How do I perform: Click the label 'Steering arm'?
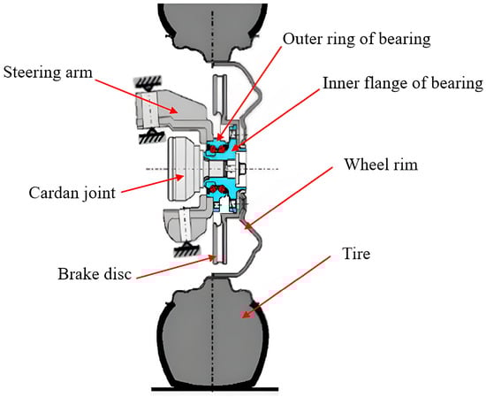click(48, 73)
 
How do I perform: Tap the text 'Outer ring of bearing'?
click(356, 39)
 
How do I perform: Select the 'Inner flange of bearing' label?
click(403, 83)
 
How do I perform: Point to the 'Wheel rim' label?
click(381, 164)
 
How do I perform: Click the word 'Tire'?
click(356, 254)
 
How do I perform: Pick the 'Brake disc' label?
click(95, 274)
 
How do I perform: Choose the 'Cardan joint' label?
click(72, 193)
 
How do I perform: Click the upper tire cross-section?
click(213, 31)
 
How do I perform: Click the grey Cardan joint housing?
click(184, 169)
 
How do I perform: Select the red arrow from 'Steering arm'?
click(136, 95)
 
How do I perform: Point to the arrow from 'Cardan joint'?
click(153, 185)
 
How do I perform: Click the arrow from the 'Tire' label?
click(286, 286)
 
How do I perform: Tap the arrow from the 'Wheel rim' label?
click(289, 198)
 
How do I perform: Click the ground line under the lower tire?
click(215, 389)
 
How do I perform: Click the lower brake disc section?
click(219, 240)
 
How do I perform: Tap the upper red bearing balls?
click(217, 149)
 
